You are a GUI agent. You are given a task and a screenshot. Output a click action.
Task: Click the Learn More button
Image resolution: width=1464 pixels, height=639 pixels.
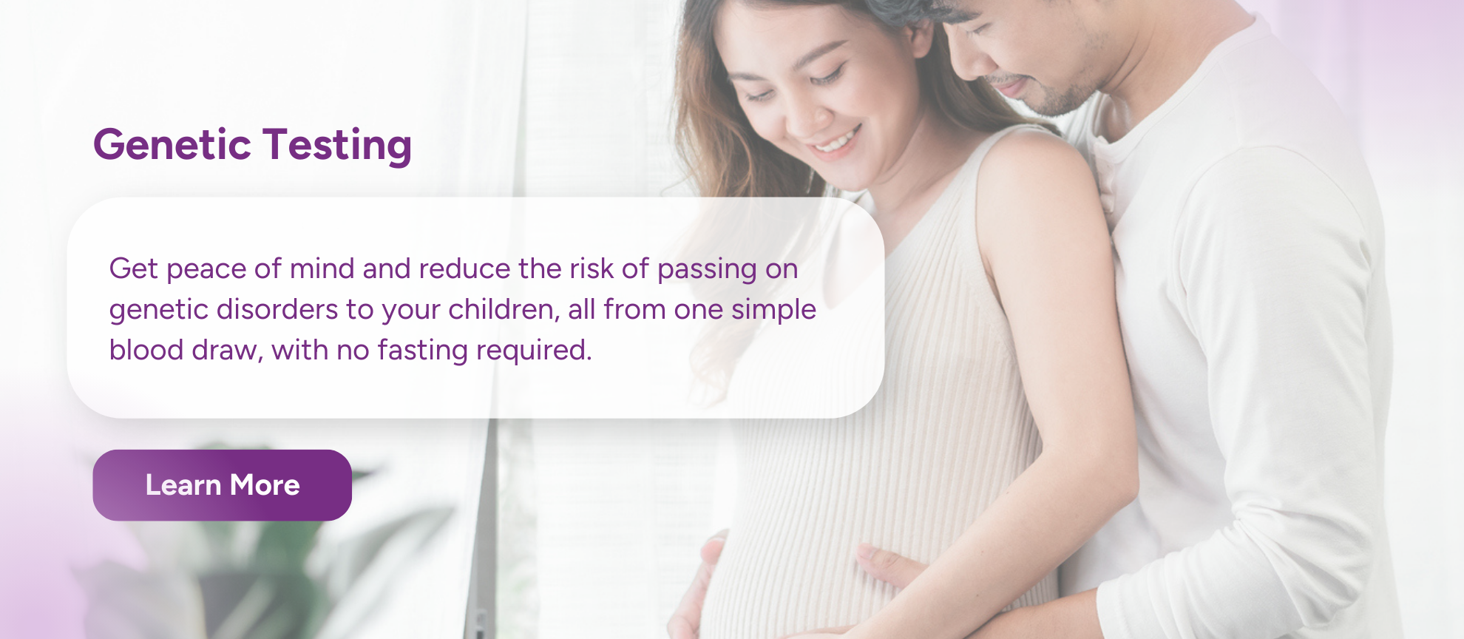pos(222,485)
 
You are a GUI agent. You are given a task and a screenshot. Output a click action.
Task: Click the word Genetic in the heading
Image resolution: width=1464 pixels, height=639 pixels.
pos(172,144)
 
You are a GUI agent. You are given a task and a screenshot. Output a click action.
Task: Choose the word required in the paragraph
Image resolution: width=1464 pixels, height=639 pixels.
pos(534,351)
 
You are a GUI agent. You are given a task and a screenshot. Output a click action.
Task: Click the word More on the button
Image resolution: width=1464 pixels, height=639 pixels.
pos(265,485)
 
